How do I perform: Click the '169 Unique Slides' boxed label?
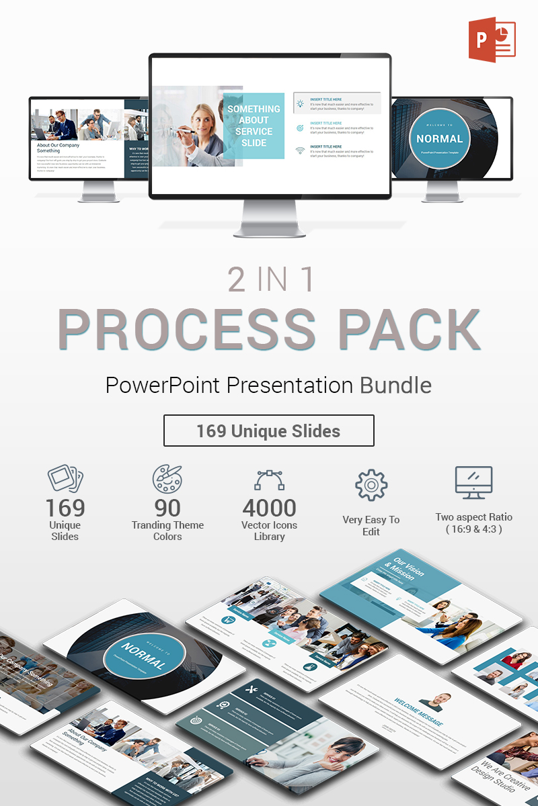point(268,431)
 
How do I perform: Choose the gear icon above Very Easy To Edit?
point(371,485)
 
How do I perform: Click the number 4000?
point(269,508)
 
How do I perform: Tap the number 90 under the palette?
point(167,508)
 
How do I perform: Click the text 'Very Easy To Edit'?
point(371,525)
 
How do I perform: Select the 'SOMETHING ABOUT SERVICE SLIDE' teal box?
point(254,126)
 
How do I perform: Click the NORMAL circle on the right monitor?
point(440,139)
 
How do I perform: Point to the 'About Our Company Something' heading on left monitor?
point(59,148)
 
